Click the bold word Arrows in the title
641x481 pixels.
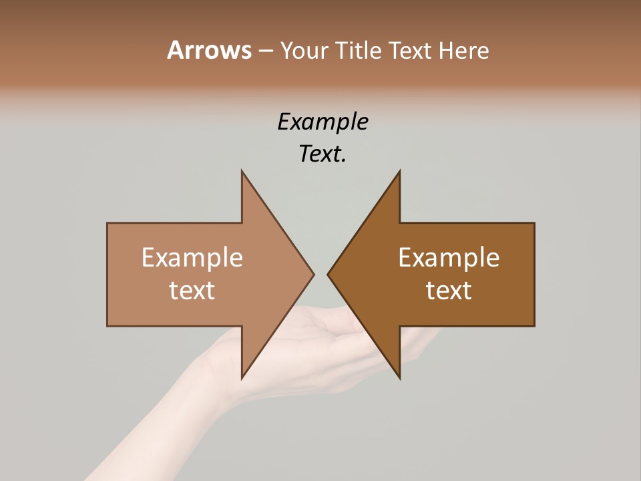click(x=209, y=50)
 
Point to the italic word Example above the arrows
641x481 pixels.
click(x=323, y=122)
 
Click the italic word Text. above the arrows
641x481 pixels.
click(x=323, y=154)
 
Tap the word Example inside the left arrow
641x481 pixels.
click(x=192, y=258)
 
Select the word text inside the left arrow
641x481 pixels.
click(x=192, y=291)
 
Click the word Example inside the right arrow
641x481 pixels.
click(x=449, y=258)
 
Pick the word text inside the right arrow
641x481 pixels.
click(x=449, y=291)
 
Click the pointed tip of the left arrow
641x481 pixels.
click(x=313, y=274)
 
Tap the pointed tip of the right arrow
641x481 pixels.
click(x=329, y=274)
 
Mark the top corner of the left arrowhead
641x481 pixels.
click(x=242, y=172)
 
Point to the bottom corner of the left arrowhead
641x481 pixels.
click(x=242, y=378)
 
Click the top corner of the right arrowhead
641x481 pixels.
click(x=399, y=172)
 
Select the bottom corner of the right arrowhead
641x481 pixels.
click(x=399, y=378)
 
